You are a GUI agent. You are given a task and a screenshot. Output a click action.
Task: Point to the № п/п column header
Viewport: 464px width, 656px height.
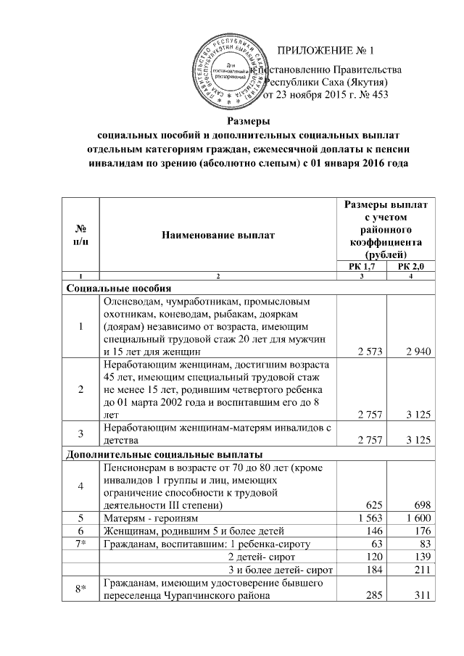79,235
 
